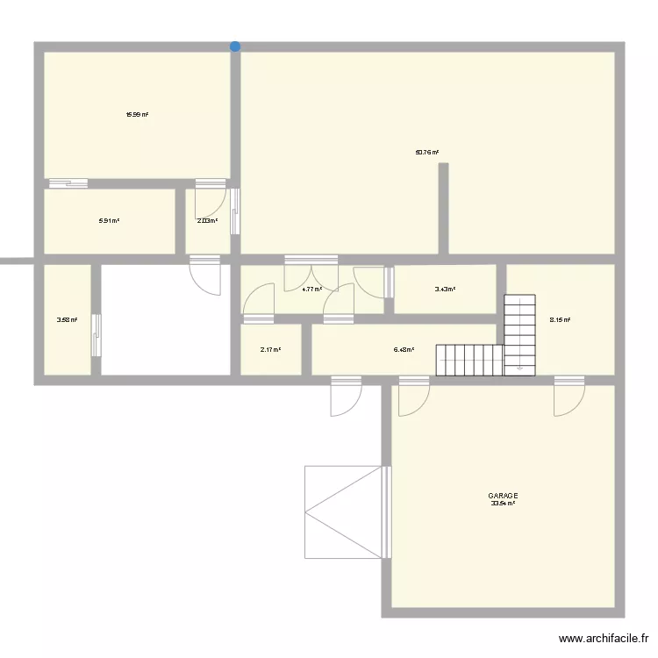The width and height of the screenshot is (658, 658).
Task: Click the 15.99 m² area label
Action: click(137, 114)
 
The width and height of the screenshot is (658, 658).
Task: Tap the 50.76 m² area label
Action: click(427, 152)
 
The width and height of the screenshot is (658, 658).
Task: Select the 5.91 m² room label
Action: click(109, 221)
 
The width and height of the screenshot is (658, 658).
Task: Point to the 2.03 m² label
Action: click(207, 221)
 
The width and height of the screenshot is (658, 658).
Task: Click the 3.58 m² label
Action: click(67, 320)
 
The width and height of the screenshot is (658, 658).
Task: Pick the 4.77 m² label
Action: click(311, 289)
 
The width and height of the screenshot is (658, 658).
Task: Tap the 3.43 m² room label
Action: click(445, 289)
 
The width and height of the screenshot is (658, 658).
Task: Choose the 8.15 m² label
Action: click(560, 320)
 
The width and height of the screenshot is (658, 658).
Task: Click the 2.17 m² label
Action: click(270, 350)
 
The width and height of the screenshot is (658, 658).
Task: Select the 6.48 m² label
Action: click(404, 350)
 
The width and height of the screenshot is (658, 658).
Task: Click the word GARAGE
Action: click(503, 496)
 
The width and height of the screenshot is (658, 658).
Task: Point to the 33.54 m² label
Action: click(503, 504)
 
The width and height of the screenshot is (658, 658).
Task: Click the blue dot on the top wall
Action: click(234, 46)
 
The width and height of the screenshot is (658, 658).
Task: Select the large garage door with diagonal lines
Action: click(345, 511)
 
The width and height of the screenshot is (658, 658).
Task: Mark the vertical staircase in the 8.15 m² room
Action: click(519, 333)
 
